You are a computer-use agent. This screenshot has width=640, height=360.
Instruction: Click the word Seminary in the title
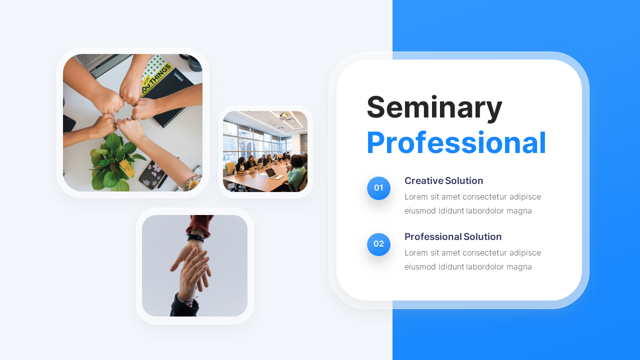click(434, 107)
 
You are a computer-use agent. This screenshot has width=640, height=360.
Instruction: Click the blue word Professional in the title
click(456, 143)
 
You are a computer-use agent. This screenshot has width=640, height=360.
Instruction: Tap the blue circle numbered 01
click(378, 188)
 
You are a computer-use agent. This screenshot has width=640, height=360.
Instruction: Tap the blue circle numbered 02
click(378, 244)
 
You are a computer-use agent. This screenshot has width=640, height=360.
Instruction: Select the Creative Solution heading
click(443, 180)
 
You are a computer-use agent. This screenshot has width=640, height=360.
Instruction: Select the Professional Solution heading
click(452, 236)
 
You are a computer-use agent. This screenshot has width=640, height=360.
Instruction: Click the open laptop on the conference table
click(273, 173)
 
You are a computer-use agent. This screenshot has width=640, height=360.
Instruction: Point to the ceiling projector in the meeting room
click(283, 116)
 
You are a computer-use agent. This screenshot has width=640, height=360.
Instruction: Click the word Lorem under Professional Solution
click(416, 252)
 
